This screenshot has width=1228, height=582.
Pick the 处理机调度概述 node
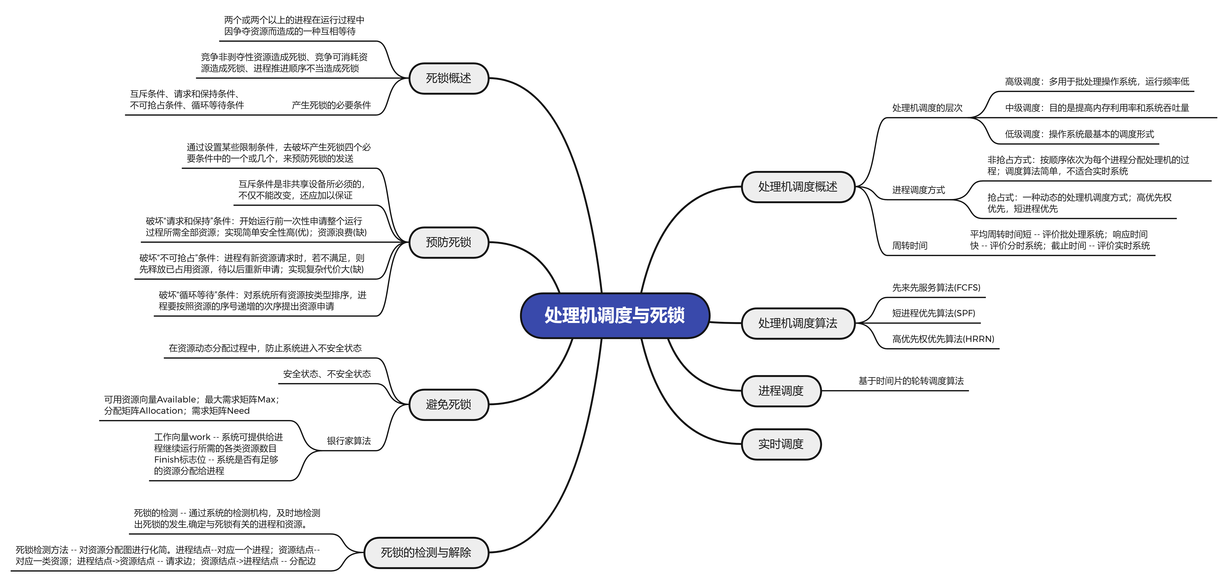tap(798, 187)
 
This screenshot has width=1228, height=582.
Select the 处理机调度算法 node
tap(798, 323)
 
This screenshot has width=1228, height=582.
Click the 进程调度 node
tap(781, 391)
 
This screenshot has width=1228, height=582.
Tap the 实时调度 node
tap(781, 444)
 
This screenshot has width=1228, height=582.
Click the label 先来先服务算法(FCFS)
tap(936, 288)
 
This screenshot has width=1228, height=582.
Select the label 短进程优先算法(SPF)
tap(933, 313)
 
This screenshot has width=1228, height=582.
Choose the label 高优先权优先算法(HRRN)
tap(943, 339)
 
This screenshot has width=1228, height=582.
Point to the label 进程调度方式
tap(918, 190)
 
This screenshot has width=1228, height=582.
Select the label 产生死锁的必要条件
tap(331, 105)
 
